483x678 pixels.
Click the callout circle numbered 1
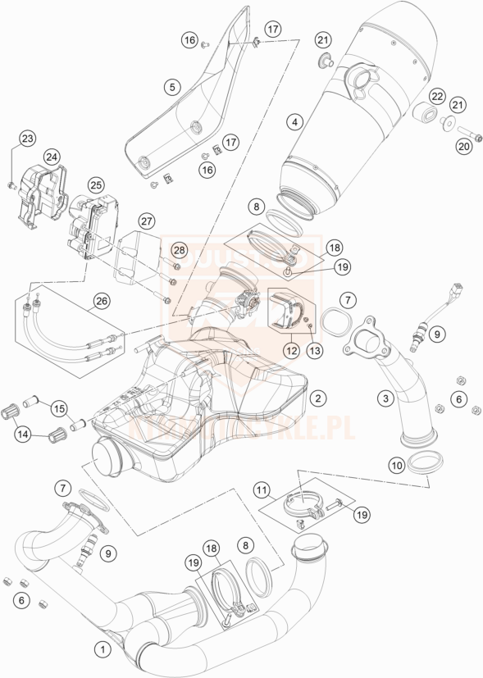(x=103, y=648)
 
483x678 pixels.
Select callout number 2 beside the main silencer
(x=318, y=398)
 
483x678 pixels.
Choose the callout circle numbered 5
(x=171, y=86)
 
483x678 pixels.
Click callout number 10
(x=396, y=466)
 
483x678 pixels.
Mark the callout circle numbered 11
(x=262, y=492)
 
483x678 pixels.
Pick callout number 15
(x=58, y=407)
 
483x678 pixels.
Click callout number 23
(x=28, y=139)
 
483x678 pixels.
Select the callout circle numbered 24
(x=52, y=157)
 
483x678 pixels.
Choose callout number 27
(x=147, y=221)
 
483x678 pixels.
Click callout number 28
(x=179, y=249)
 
